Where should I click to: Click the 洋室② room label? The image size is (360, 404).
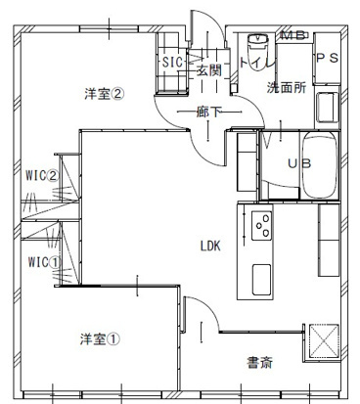tap(104, 94)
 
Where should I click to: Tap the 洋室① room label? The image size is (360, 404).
tap(100, 340)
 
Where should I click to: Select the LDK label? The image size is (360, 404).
tap(210, 246)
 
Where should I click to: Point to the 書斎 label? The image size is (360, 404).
tap(259, 363)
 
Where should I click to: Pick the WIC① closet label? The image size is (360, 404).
tap(39, 262)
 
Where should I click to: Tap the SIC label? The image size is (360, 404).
tap(172, 62)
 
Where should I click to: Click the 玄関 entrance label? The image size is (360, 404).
tap(207, 69)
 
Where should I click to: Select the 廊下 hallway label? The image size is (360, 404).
tap(206, 112)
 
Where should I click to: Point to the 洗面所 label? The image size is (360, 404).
tap(286, 87)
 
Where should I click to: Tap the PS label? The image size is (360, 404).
tap(327, 60)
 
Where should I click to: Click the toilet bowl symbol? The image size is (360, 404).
tap(259, 46)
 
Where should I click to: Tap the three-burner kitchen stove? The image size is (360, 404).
tap(262, 226)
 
